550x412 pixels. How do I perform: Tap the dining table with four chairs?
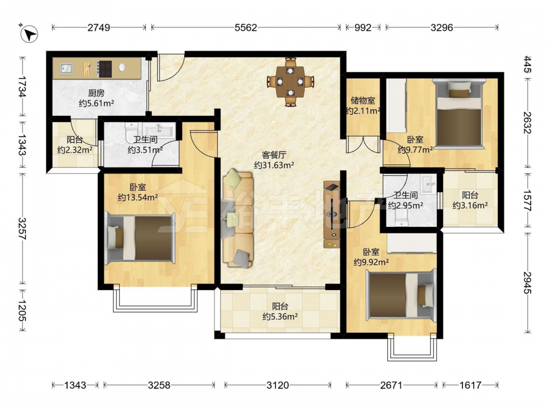tap(290, 82)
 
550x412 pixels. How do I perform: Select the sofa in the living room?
tap(238, 219)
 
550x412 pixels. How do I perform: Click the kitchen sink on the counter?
tap(66, 68)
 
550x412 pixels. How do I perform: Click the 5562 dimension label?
tap(245, 27)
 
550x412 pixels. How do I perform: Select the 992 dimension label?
tap(362, 27)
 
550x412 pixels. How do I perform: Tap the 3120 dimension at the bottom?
tap(277, 386)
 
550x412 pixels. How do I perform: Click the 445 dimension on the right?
tap(527, 64)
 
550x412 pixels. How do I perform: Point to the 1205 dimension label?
tap(22, 310)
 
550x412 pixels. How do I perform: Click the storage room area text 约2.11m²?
tap(364, 111)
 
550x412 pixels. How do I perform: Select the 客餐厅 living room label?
tap(274, 155)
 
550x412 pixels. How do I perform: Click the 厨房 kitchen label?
tap(96, 93)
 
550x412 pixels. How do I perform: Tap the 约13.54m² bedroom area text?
tap(137, 198)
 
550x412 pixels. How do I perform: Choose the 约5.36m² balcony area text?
tap(280, 317)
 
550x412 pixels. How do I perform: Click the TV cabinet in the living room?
tap(332, 215)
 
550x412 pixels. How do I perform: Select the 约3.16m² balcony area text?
tap(470, 205)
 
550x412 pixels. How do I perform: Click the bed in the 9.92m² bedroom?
tap(402, 294)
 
